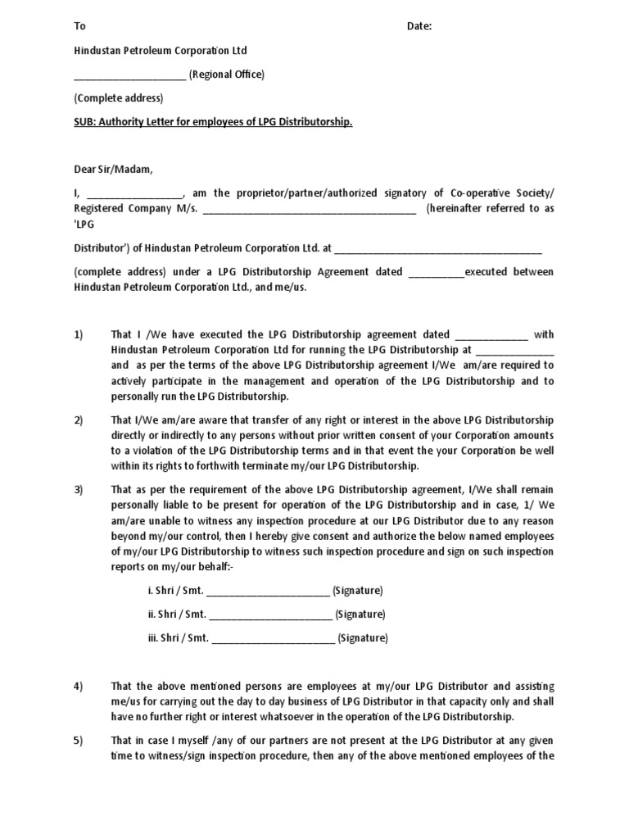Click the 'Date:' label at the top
(x=419, y=26)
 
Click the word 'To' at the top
(x=80, y=26)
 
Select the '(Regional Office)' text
(x=227, y=75)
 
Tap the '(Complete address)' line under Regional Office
(x=119, y=98)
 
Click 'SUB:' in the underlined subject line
(x=88, y=122)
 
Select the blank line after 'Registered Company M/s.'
(x=310, y=210)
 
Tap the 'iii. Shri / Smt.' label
(x=179, y=638)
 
